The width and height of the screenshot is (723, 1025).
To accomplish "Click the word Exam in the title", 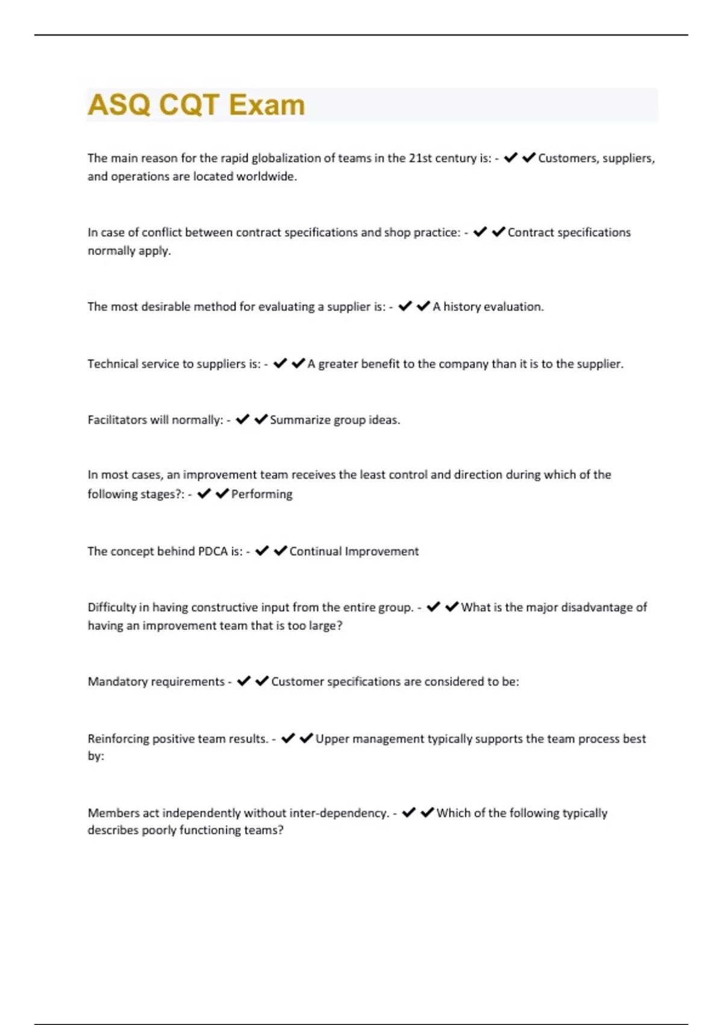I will (x=267, y=105).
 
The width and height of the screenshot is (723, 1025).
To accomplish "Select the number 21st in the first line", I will (x=422, y=158).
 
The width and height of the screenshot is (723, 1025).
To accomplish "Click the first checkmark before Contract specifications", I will (x=480, y=232).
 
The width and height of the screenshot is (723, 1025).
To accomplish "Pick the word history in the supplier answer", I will (x=462, y=306).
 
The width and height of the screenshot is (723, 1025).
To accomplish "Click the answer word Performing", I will (x=261, y=494).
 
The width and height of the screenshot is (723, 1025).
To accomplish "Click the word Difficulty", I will (x=111, y=607).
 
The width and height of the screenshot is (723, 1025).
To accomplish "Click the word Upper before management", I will (x=332, y=739).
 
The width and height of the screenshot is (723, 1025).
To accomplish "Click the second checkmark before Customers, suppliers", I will (x=528, y=158).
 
